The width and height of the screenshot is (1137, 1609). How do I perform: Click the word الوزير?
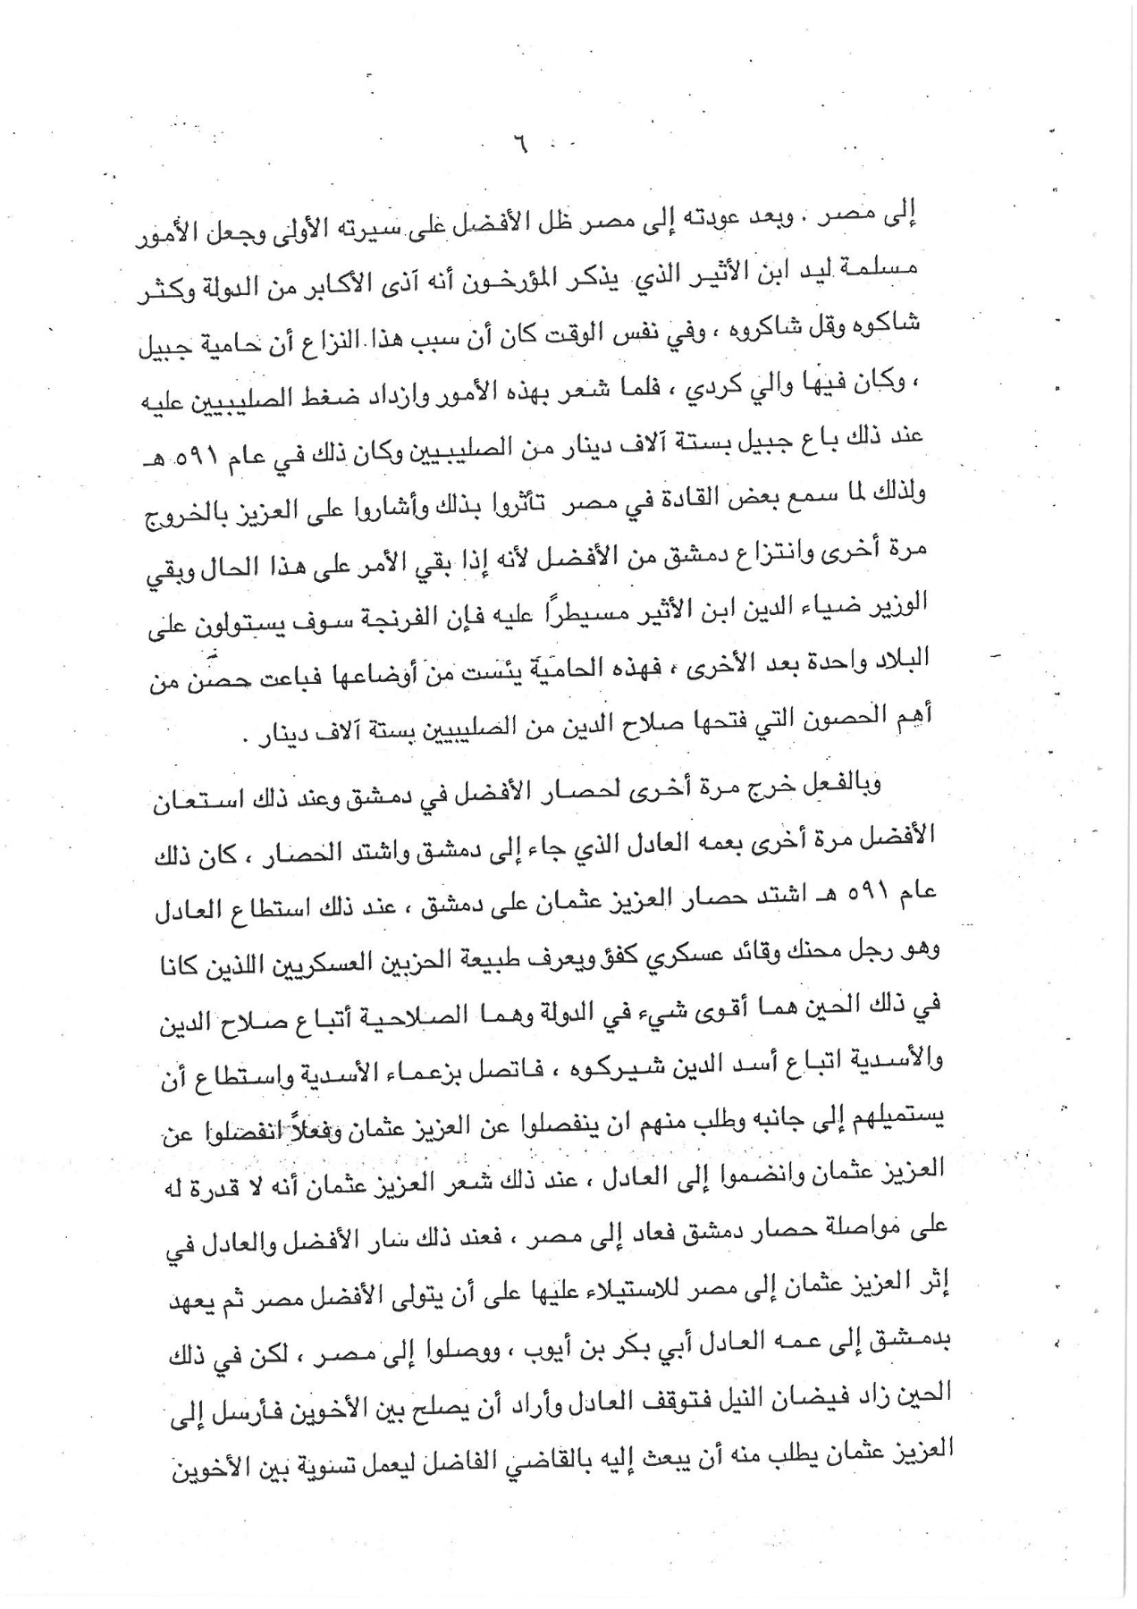click(x=898, y=607)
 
